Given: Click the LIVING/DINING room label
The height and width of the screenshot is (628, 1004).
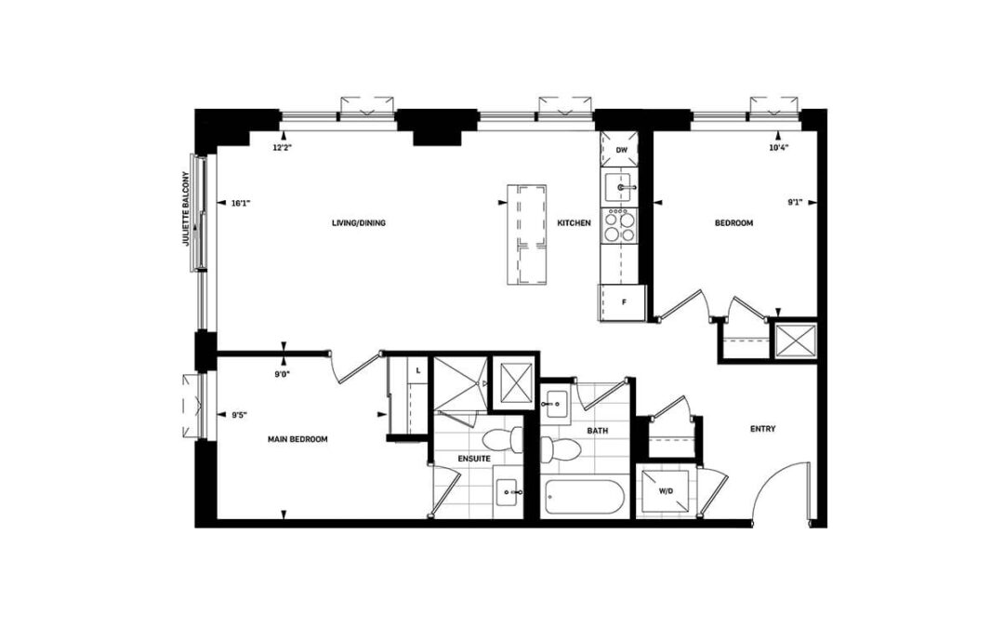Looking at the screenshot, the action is point(359,223).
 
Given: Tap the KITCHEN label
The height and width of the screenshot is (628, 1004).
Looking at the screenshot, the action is point(574,223).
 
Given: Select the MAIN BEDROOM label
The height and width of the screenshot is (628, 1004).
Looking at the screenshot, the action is point(297,439).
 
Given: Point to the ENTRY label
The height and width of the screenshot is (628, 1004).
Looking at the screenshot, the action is point(762,429).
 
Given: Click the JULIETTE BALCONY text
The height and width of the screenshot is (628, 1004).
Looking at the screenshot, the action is point(186,208).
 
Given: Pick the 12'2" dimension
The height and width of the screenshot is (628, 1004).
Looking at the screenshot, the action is point(283,147).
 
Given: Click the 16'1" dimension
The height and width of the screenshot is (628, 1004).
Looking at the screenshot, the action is point(240,203).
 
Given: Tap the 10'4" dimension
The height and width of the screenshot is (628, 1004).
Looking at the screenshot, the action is point(778,147).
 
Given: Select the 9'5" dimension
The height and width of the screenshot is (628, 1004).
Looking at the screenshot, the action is point(239,415).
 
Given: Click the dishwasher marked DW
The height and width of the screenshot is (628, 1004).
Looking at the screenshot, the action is point(620,150).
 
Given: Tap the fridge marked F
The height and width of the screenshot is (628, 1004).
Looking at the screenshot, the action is point(623,302).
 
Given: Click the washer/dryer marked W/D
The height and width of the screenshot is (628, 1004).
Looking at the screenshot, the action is point(666,491).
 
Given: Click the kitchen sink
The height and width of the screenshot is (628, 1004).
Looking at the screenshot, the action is point(619,188).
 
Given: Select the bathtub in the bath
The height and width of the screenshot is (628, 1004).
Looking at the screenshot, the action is point(584,499).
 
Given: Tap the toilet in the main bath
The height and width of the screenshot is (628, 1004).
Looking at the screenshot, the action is point(560,448).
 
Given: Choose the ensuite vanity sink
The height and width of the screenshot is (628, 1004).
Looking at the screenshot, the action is point(509,492).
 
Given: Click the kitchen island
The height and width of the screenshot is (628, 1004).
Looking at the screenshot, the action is point(527,234).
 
